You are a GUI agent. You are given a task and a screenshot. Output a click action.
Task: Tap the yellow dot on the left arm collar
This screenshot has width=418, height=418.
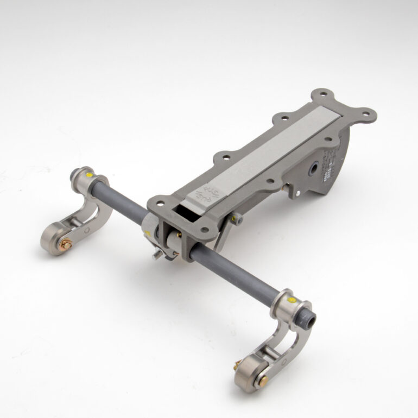88,175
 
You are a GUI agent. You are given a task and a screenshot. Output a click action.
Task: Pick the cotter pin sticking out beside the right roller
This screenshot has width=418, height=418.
238,361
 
